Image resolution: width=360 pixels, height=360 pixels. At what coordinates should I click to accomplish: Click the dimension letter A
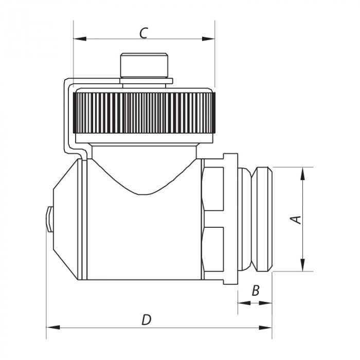pyautogui.click(x=296, y=219)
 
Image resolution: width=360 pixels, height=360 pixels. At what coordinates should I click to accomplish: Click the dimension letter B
pyautogui.click(x=255, y=291)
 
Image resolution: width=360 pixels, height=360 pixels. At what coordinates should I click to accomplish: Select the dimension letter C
pyautogui.click(x=144, y=32)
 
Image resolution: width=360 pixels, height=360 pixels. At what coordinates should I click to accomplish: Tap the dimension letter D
pyautogui.click(x=147, y=320)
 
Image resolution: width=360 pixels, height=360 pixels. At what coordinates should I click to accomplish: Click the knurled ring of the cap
pyautogui.click(x=144, y=113)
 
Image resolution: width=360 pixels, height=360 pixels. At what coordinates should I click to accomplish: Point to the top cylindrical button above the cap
pyautogui.click(x=144, y=64)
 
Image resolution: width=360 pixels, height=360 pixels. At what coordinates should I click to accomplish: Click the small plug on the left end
pyautogui.click(x=49, y=219)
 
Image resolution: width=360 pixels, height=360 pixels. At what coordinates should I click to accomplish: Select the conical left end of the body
pyautogui.click(x=67, y=219)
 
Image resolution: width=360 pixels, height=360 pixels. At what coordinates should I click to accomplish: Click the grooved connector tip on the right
pyautogui.click(x=262, y=219)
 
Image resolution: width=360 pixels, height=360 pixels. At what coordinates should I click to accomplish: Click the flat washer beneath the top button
pyautogui.click(x=146, y=80)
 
